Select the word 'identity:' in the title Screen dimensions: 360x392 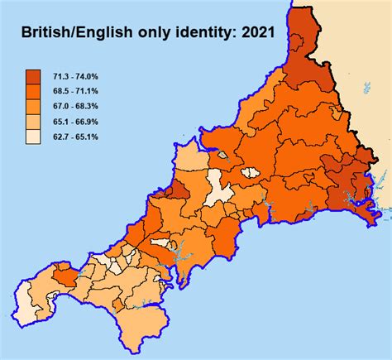pos(196,35)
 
